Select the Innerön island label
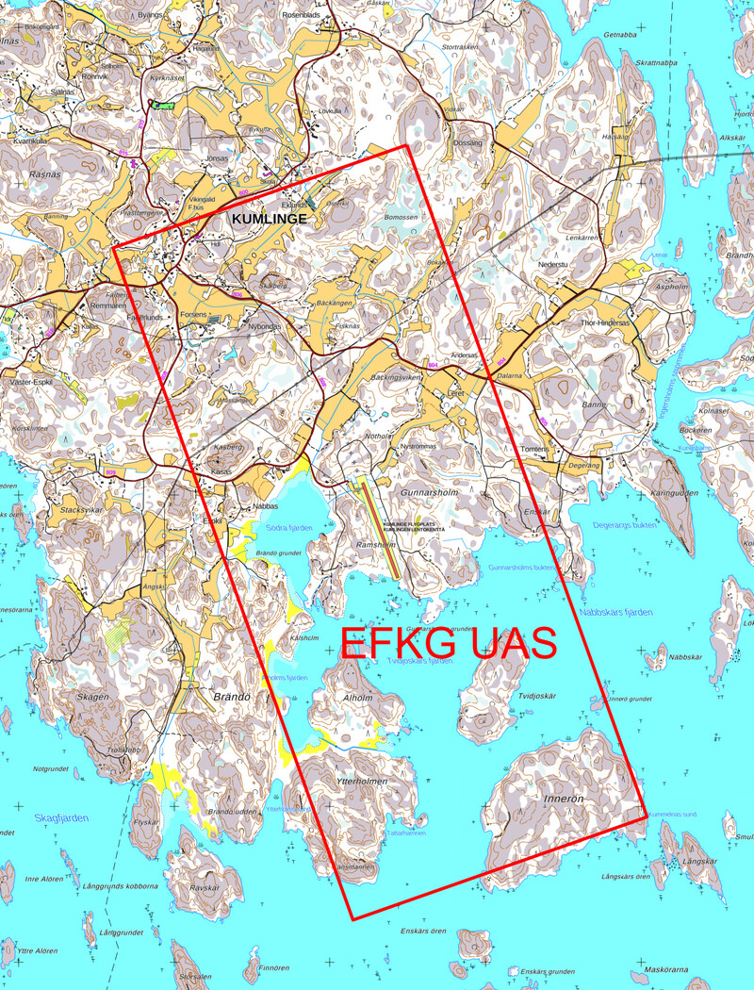click(565, 798)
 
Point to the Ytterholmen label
click(362, 783)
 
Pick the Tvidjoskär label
click(537, 696)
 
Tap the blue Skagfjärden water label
click(60, 817)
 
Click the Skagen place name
click(87, 696)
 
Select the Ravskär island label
click(205, 887)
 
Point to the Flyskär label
click(147, 822)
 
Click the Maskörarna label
click(667, 969)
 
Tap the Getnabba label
click(620, 35)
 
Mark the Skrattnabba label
click(657, 63)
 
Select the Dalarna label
click(509, 375)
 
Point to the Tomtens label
click(533, 449)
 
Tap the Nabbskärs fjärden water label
click(615, 613)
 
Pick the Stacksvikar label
click(81, 509)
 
